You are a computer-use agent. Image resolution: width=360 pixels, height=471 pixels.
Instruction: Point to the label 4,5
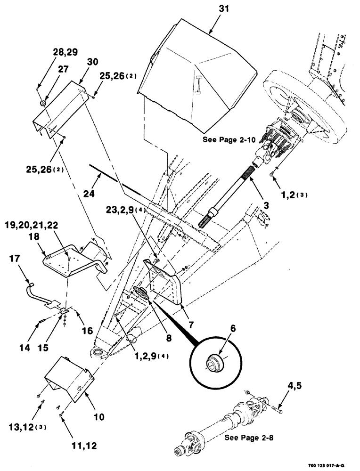point(287,389)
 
